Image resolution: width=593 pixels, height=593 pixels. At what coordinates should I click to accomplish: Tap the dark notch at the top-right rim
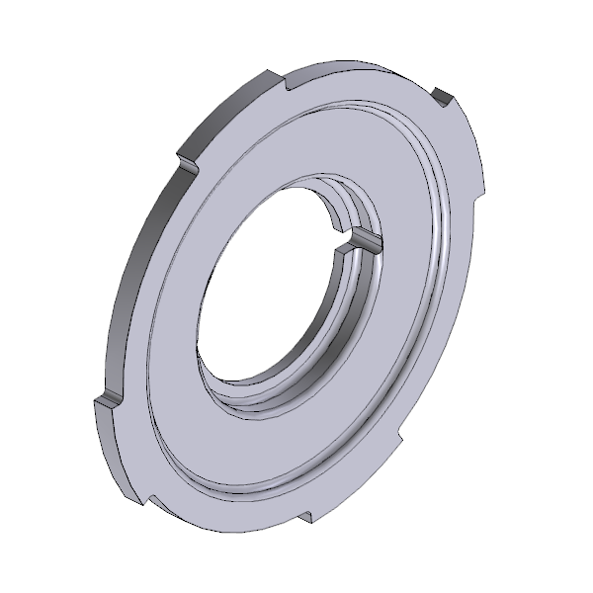(x=442, y=96)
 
